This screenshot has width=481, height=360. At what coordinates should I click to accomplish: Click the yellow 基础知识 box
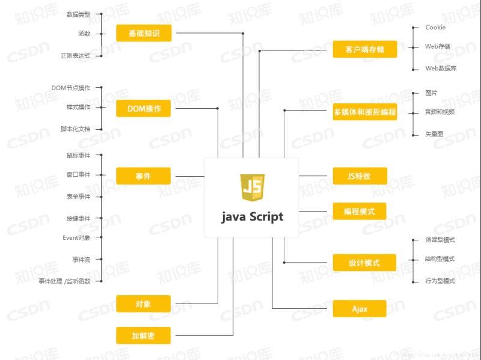(144, 33)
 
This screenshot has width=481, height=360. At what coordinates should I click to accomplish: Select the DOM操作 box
(144, 109)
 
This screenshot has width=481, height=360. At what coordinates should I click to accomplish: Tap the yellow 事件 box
(144, 176)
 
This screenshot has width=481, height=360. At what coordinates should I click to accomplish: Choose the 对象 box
(144, 304)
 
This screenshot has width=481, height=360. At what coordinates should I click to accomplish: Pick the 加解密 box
(144, 335)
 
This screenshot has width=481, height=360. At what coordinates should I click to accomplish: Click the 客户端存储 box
(365, 49)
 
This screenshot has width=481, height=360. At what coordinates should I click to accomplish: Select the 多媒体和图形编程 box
(365, 112)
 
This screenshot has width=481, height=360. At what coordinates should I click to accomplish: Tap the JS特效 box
(360, 176)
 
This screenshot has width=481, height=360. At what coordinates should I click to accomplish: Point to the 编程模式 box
(360, 211)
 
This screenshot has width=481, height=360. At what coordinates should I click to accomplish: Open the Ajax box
(360, 309)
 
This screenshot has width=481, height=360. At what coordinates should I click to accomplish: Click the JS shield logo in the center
(252, 188)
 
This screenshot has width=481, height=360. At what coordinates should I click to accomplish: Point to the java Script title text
(252, 217)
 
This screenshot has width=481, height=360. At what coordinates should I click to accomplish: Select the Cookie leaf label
(435, 28)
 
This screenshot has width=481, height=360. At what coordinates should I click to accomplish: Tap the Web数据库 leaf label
(441, 69)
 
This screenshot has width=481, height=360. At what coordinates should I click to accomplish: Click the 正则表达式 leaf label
(75, 56)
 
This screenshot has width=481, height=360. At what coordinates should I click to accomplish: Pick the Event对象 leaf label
(76, 237)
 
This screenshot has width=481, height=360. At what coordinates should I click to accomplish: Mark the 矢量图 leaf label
(434, 134)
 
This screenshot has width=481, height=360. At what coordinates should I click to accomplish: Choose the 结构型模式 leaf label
(440, 260)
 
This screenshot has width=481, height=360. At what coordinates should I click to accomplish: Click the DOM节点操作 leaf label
(70, 88)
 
